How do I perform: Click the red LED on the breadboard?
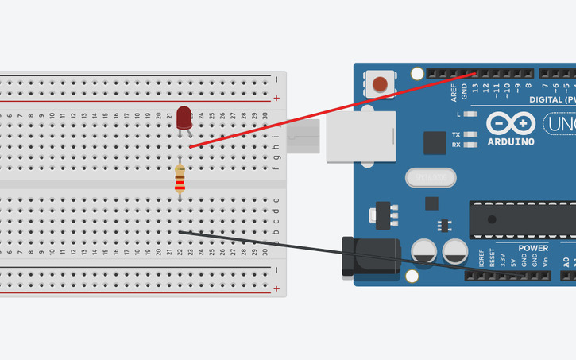184,117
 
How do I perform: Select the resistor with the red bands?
180,180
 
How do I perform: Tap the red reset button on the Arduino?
381,83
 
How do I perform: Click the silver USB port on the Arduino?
361,136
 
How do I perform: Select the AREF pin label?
454,92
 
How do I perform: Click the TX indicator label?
456,134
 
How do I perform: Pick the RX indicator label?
456,145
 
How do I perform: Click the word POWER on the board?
510,246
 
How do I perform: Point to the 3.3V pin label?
502,259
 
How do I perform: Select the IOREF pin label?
481,257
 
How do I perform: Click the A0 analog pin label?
566,261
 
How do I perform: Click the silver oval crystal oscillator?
430,176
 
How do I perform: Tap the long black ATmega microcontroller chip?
524,218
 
